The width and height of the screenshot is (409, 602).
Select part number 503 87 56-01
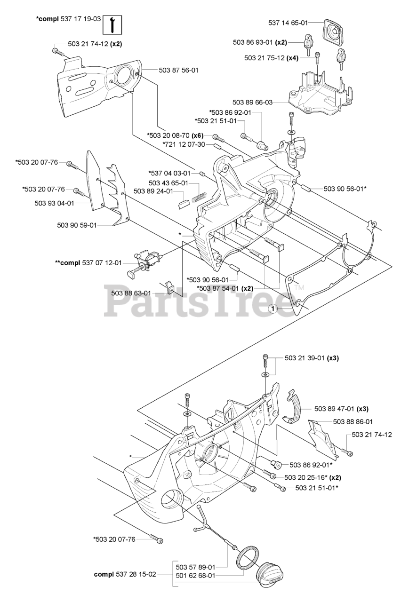178,70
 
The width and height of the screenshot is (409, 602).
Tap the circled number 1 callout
272,309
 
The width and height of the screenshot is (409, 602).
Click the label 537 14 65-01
288,22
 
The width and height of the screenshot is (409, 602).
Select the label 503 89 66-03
253,102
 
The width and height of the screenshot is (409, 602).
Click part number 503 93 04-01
54,203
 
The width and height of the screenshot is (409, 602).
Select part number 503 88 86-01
353,421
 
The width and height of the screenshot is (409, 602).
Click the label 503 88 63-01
131,293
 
